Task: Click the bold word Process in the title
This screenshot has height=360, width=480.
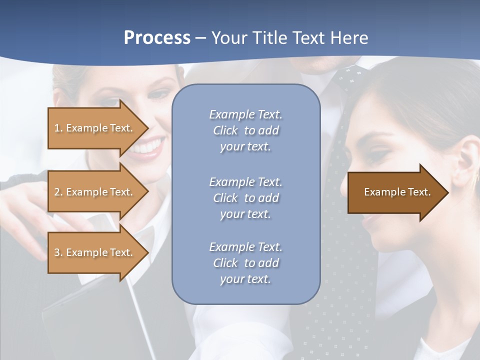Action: [157, 38]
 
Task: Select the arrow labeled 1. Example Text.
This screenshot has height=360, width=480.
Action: [95, 128]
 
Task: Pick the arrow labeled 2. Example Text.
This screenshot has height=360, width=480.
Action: [95, 192]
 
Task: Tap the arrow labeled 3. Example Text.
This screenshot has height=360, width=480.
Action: [95, 252]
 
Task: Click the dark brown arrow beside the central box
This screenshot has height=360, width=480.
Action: [395, 192]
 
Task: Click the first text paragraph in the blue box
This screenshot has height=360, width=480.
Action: [245, 130]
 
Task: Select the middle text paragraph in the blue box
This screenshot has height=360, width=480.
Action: [245, 198]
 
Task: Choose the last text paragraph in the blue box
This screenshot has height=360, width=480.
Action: [245, 263]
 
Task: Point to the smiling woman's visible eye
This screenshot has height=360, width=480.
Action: [159, 95]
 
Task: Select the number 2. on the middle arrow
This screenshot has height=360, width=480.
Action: [58, 192]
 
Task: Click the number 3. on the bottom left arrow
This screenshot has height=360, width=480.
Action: [58, 252]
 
